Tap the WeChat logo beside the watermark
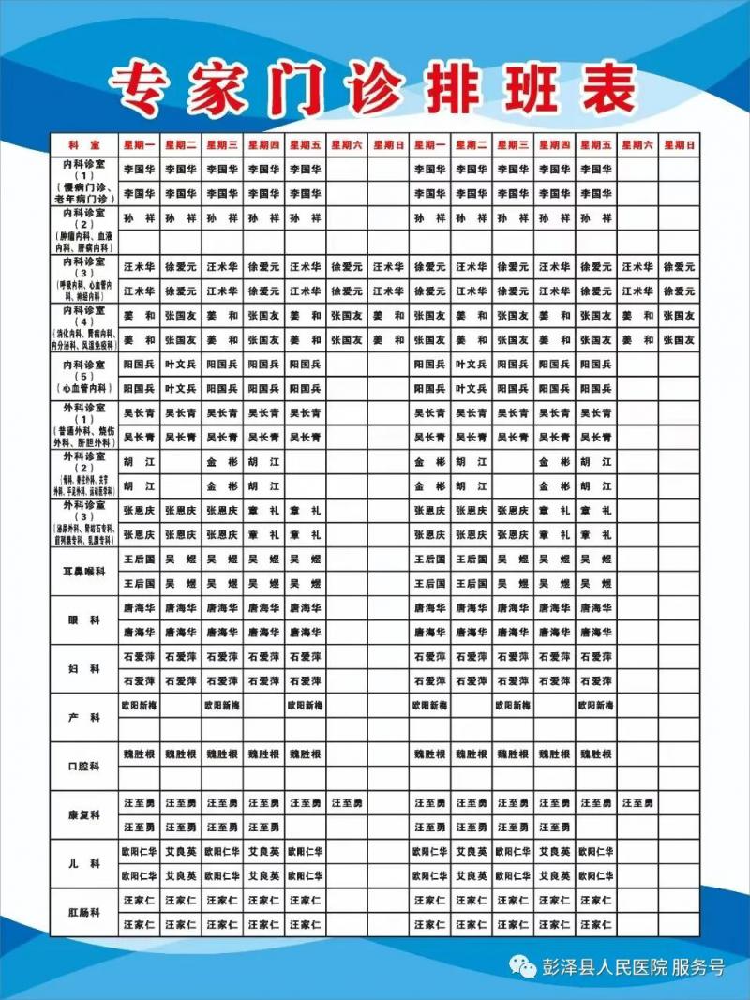521,967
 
